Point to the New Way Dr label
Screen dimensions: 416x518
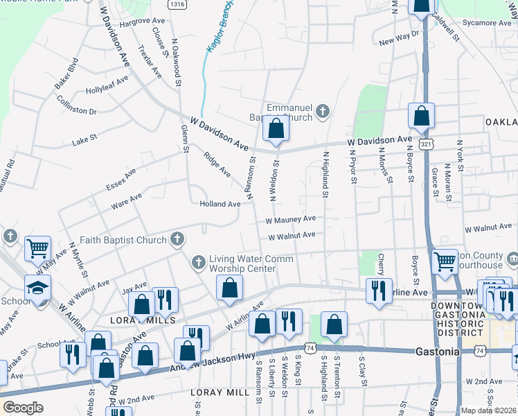tap(399, 38)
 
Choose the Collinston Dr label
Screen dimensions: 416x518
tap(77, 106)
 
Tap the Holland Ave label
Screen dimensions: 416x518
tap(220, 204)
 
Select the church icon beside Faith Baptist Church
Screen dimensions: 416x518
tap(177, 240)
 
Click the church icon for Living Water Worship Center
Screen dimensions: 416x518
tap(199, 262)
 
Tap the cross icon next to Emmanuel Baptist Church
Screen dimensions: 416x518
tap(321, 111)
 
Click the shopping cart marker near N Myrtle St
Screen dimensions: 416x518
tap(38, 248)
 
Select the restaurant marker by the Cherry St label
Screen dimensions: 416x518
tap(379, 291)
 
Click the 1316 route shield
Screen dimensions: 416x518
tap(177, 4)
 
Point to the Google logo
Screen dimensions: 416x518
tap(23, 408)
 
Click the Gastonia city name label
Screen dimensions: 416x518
tap(437, 352)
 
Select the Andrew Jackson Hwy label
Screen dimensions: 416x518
tap(202, 363)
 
